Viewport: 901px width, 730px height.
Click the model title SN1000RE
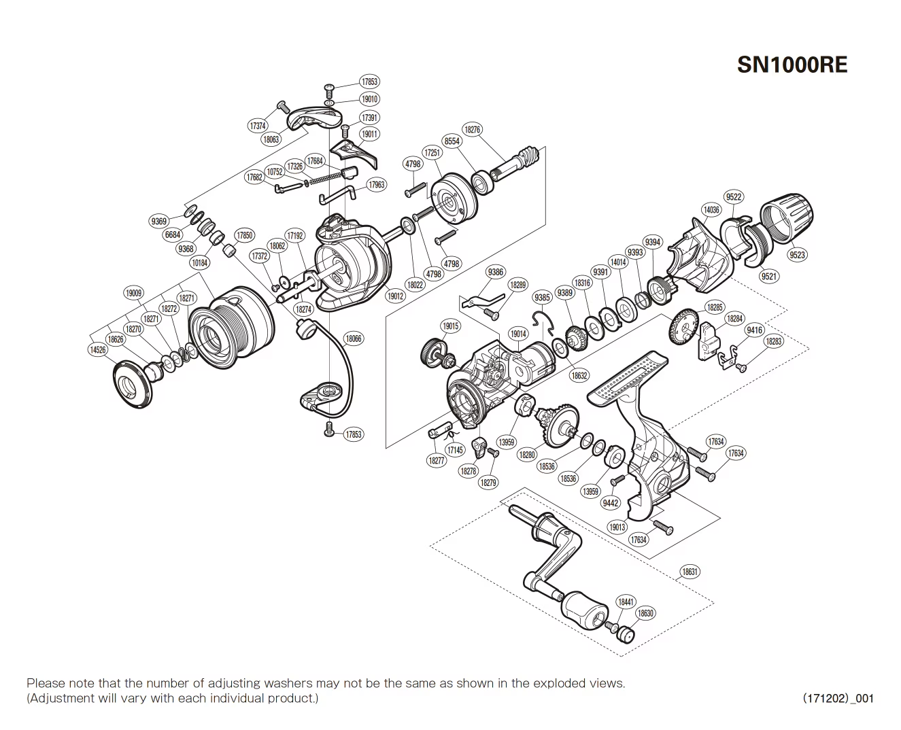[792, 65]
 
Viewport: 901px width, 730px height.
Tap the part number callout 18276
[471, 129]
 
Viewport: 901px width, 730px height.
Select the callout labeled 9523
[797, 255]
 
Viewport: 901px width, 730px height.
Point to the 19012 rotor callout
[395, 296]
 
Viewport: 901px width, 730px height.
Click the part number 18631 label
[690, 572]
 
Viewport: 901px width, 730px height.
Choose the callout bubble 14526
[98, 349]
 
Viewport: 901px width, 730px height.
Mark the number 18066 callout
[354, 338]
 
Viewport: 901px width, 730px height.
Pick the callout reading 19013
[617, 527]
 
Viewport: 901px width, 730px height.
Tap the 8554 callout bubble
[452, 141]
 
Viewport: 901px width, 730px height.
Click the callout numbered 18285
[714, 307]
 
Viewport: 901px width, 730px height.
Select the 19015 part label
[450, 326]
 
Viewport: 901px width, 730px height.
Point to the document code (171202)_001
[838, 698]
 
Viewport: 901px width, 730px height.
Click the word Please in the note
[43, 683]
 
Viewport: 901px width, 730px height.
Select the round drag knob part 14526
[131, 383]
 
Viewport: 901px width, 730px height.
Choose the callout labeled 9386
[496, 273]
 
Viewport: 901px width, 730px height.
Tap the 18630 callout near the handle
[645, 613]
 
